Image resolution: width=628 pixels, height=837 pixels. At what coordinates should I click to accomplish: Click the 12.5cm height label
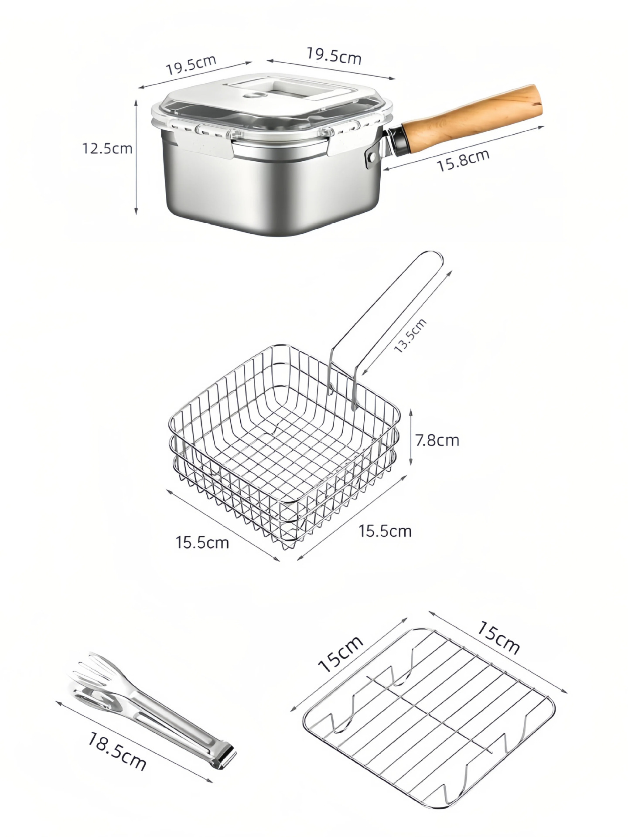tap(107, 148)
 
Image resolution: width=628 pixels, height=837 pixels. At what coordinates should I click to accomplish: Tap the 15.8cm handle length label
tap(463, 160)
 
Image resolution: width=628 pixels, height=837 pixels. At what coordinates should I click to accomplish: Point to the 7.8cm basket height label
tap(437, 440)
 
